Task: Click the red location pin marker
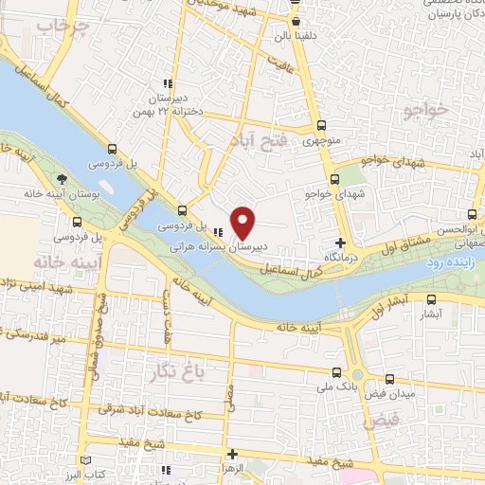tap(243, 222)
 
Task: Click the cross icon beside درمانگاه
tap(340, 243)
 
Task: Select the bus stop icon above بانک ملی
tap(337, 372)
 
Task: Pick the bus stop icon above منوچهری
tap(320, 126)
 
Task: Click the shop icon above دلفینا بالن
tap(296, 22)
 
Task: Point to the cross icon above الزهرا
tap(234, 453)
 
